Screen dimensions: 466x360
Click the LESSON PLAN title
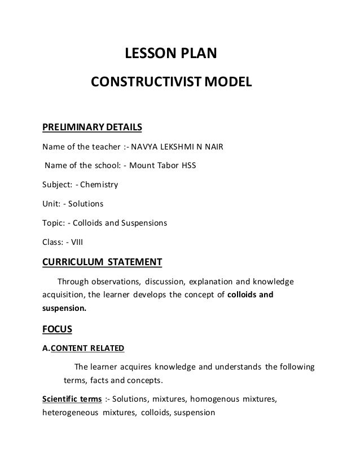pos(170,55)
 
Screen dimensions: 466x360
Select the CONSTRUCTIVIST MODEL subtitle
pos(169,85)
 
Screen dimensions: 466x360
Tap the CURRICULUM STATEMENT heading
pos(102,262)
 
